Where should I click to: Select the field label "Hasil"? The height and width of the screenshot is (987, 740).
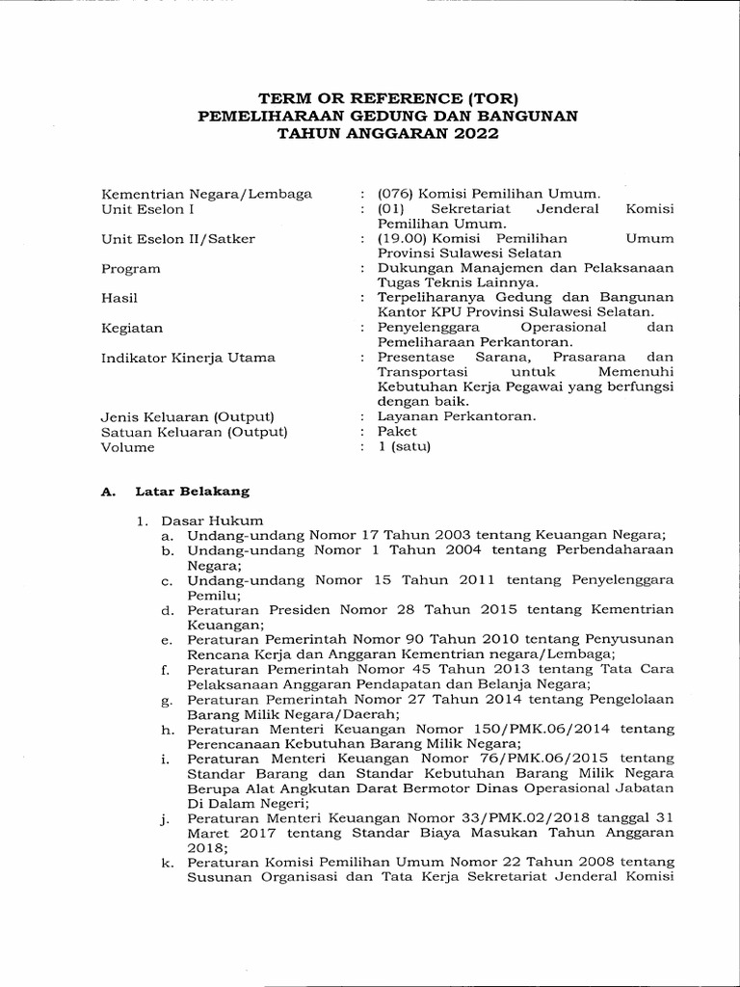point(119,298)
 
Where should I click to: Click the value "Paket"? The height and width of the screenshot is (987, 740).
point(397,432)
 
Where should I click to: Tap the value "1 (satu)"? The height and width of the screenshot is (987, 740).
point(405,447)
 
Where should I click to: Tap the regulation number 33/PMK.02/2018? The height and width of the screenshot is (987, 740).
point(521,817)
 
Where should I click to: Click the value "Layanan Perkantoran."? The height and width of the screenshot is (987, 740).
point(443,416)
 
